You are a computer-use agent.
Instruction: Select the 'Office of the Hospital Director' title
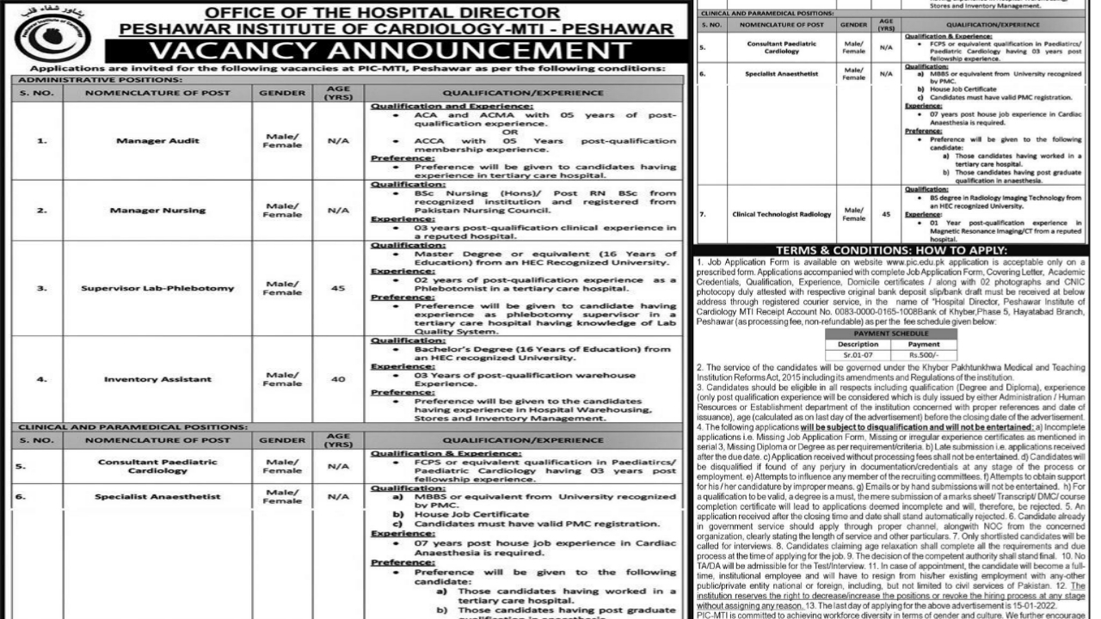point(371,12)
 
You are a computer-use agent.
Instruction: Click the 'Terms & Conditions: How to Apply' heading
point(894,250)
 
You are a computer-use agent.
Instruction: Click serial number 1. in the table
point(40,140)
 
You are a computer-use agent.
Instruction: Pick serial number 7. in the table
point(702,214)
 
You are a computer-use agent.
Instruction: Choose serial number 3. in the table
point(40,288)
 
